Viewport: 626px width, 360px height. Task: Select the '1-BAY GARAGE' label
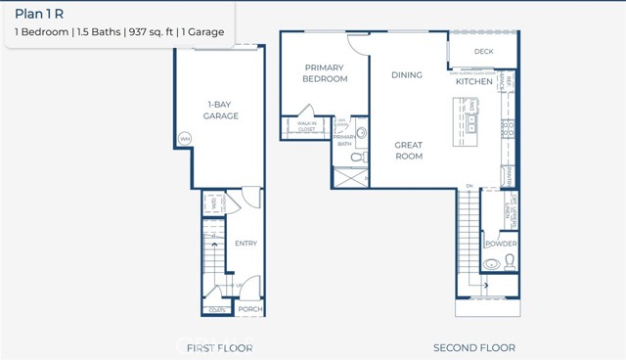pyautogui.click(x=221, y=110)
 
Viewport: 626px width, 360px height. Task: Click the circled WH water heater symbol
pyautogui.click(x=184, y=139)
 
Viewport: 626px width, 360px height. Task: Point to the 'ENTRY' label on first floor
pyautogui.click(x=246, y=244)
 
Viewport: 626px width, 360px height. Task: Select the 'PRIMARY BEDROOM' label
pyautogui.click(x=325, y=73)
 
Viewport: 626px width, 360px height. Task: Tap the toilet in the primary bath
pyautogui.click(x=358, y=157)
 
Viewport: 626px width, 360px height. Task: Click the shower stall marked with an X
pyautogui.click(x=349, y=178)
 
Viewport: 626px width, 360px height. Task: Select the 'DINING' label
pyautogui.click(x=407, y=74)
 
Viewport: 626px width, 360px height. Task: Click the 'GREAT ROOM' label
pyautogui.click(x=408, y=150)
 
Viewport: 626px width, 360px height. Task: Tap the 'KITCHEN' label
pyautogui.click(x=474, y=81)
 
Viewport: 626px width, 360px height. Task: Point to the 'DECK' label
pyautogui.click(x=483, y=52)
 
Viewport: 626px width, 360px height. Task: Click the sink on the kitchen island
pyautogui.click(x=472, y=123)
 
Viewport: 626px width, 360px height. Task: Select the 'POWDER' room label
pyautogui.click(x=501, y=244)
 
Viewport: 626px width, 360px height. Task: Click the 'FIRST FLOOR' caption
pyautogui.click(x=220, y=347)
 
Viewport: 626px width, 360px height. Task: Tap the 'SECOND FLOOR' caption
pyautogui.click(x=474, y=347)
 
